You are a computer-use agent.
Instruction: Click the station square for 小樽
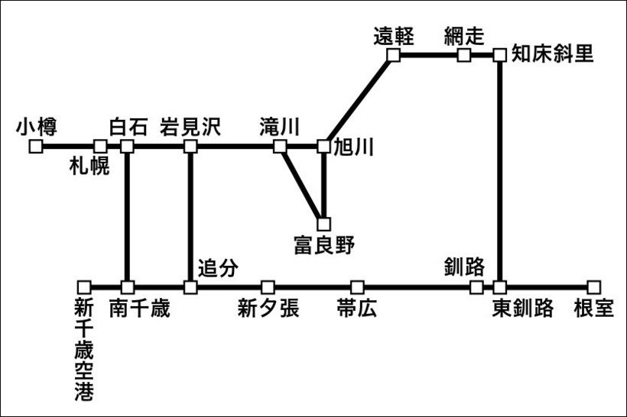tap(36, 147)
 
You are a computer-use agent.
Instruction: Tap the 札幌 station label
tap(89, 166)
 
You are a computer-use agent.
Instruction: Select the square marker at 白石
tap(127, 147)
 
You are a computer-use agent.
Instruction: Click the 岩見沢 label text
tap(190, 128)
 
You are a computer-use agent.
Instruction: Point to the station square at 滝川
tap(280, 147)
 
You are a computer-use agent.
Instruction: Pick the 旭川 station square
tap(324, 147)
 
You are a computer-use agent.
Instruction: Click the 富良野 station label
tap(324, 245)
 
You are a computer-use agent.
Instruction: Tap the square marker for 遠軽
tap(394, 55)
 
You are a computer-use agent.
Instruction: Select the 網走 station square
tap(464, 55)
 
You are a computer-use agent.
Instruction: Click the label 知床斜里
tap(552, 53)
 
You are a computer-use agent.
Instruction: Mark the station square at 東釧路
tap(499, 287)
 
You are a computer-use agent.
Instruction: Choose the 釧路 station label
tap(464, 267)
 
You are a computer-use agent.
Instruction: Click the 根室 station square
tap(594, 287)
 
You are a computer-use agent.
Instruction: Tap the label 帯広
tap(356, 309)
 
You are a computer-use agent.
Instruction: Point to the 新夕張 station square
tap(268, 287)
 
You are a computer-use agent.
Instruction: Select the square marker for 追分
tap(190, 287)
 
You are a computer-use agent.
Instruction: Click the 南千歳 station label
tap(140, 309)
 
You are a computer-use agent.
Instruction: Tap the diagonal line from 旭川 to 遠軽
tap(359, 101)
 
